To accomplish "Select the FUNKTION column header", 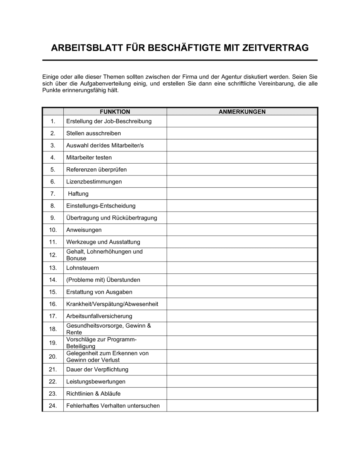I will click(x=115, y=112).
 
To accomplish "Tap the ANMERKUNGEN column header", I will click(x=242, y=112).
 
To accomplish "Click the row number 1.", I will click(x=53, y=121).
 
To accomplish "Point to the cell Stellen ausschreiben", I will click(x=94, y=133).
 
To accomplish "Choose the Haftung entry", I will click(x=78, y=194).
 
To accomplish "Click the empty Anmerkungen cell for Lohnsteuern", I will click(x=242, y=268).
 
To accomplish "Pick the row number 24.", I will click(x=53, y=406).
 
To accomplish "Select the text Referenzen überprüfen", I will click(x=96, y=170).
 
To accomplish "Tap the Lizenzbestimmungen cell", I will click(x=94, y=182).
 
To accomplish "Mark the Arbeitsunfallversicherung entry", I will click(x=99, y=316).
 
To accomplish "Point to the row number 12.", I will click(x=53, y=255).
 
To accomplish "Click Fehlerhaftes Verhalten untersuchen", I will click(x=113, y=406).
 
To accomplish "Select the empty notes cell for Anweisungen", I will click(x=242, y=230).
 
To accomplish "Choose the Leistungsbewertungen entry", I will click(x=96, y=382).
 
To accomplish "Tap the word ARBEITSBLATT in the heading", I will click(x=85, y=48).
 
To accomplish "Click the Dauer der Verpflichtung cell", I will click(x=97, y=369).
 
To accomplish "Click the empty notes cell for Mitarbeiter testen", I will click(x=242, y=158).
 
